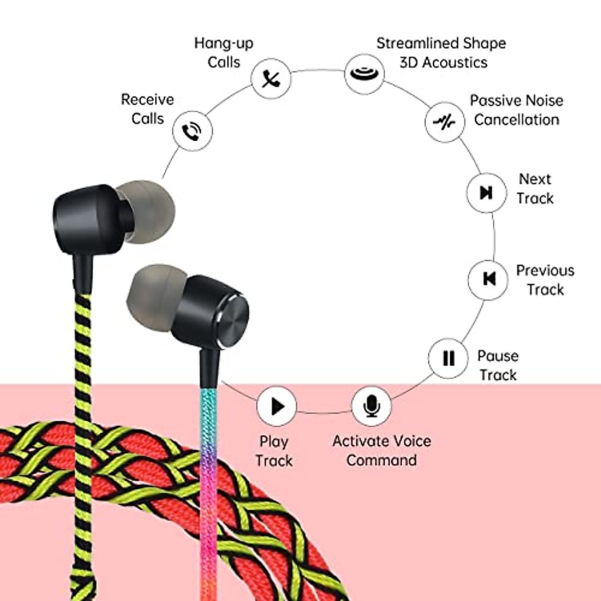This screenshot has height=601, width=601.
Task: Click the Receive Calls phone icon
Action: click(x=192, y=131)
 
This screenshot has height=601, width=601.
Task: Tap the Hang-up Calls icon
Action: click(x=270, y=79)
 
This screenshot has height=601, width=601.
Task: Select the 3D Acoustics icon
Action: click(x=364, y=74)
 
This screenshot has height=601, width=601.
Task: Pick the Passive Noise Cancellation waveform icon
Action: click(x=444, y=122)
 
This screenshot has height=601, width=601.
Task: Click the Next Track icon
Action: click(x=486, y=192)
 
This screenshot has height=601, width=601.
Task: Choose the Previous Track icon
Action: click(x=488, y=279)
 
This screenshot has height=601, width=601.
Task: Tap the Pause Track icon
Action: click(x=448, y=358)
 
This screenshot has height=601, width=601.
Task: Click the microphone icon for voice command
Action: click(x=371, y=406)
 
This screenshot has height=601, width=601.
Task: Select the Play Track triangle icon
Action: click(x=276, y=406)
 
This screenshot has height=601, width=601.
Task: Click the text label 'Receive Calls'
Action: click(x=147, y=109)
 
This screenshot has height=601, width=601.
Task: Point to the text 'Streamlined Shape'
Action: click(x=441, y=44)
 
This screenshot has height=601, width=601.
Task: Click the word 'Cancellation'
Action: click(x=516, y=120)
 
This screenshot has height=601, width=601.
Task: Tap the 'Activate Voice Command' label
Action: click(x=382, y=450)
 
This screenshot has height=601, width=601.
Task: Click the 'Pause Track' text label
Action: click(x=498, y=365)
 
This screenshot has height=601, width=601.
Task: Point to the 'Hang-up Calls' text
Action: click(x=223, y=53)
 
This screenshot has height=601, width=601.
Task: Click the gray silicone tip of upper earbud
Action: click(x=148, y=210)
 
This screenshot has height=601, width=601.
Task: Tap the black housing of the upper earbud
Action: click(x=88, y=220)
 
